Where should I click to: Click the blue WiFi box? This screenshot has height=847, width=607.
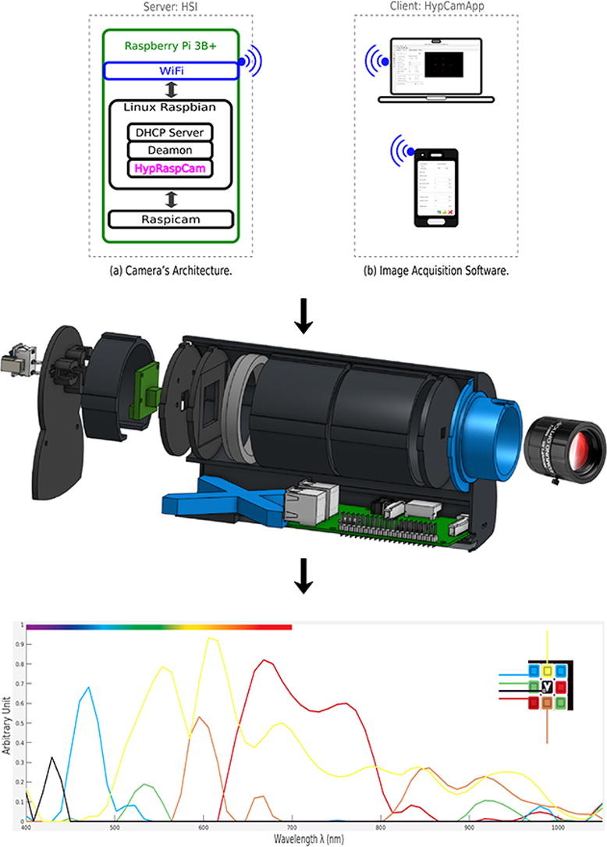click(169, 71)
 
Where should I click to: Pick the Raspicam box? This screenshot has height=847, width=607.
click(171, 219)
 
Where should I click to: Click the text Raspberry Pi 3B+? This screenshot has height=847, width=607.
click(169, 47)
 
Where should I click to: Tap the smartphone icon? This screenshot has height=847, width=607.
click(435, 187)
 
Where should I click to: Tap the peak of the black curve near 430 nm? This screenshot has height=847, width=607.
click(52, 757)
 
